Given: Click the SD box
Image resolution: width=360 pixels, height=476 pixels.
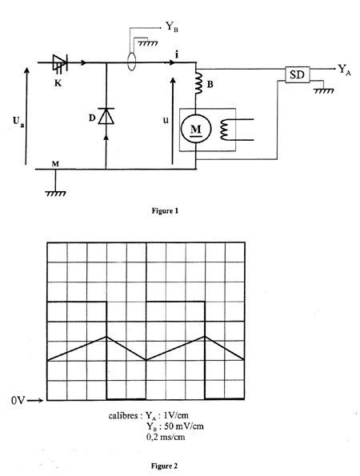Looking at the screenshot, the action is [297, 74].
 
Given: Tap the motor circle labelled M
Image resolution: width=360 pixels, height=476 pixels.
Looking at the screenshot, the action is [196, 129].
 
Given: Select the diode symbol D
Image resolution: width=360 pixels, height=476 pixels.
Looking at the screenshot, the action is [106, 116].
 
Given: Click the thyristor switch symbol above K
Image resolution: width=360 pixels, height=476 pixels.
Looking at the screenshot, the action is [60, 63].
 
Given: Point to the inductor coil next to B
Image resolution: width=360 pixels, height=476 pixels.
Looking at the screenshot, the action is [199, 82].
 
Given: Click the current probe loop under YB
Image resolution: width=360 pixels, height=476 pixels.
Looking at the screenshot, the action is [131, 62].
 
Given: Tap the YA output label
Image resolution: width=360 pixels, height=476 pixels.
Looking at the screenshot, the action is [345, 70].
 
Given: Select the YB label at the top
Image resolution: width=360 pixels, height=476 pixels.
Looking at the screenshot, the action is [172, 26].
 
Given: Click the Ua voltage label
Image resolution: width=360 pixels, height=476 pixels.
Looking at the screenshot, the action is [18, 122].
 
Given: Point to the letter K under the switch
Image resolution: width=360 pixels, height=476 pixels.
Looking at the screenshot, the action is [58, 83].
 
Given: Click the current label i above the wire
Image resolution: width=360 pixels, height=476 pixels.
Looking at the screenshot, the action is [177, 55].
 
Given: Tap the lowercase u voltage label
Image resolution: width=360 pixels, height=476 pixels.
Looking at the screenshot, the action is [166, 121].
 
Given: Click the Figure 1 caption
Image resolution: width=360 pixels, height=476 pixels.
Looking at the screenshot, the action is [165, 210].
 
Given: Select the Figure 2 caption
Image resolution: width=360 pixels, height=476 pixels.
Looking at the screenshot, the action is [164, 466].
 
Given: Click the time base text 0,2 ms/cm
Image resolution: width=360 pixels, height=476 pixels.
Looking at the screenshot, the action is [166, 437].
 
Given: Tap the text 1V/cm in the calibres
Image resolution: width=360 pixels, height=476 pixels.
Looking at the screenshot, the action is [176, 415].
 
